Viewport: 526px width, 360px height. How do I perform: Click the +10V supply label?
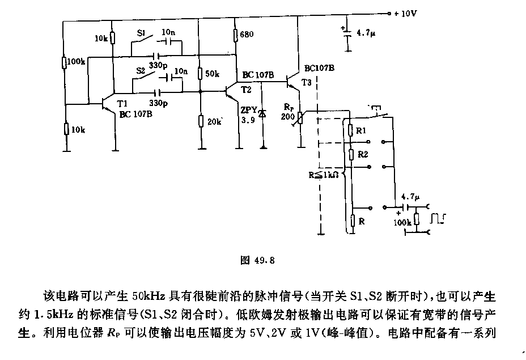405,14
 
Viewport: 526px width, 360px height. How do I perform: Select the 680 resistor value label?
247,34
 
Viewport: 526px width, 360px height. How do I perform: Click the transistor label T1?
122,103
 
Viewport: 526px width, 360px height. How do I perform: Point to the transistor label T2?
246,90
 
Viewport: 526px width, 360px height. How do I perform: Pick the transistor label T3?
306,82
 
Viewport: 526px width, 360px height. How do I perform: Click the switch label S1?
141,33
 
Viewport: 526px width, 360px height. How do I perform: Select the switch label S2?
141,71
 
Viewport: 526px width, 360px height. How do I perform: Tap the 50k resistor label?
212,74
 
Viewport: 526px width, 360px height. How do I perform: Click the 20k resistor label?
214,122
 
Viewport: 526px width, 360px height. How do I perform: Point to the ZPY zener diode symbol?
263,113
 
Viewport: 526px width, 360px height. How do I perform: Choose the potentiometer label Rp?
289,107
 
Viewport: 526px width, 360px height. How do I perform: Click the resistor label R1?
361,131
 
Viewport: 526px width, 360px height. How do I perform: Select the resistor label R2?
363,154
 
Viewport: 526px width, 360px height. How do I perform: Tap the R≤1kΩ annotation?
324,175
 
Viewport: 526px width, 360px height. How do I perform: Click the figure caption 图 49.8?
258,260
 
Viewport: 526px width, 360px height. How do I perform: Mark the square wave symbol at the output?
438,218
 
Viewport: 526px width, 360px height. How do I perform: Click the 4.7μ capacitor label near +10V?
366,33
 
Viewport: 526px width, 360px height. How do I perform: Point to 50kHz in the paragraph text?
149,296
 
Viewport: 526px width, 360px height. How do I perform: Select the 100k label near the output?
402,222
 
